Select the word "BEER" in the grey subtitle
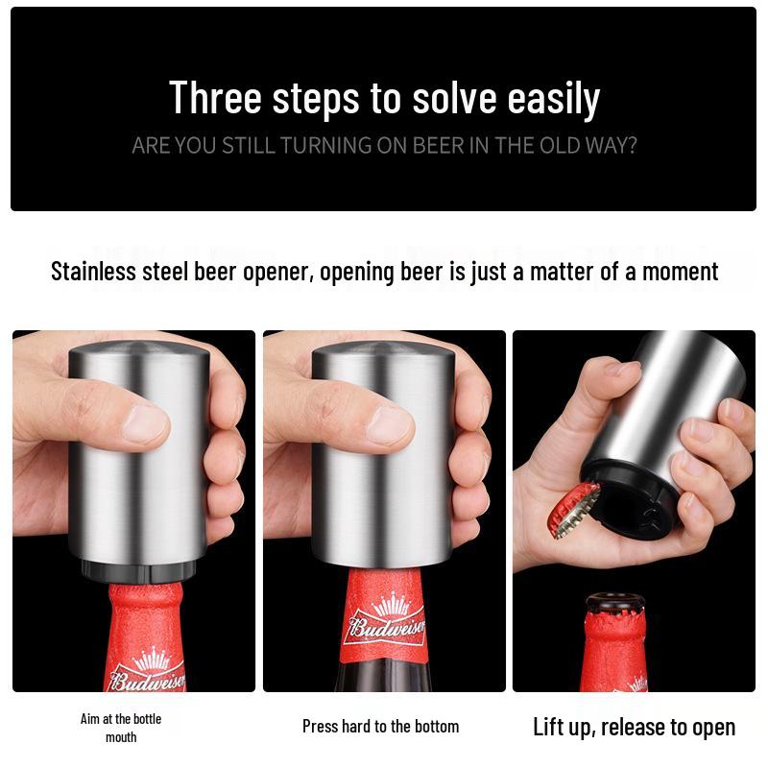(438, 146)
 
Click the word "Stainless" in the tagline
(94, 272)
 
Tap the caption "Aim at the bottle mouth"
(121, 728)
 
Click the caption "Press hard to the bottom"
(380, 726)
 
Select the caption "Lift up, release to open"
(634, 727)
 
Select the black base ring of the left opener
(142, 570)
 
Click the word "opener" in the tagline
(276, 272)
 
